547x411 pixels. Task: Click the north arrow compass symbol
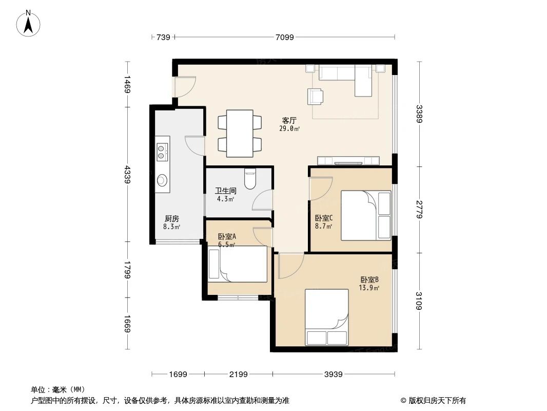(30, 23)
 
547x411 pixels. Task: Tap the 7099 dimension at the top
(284, 36)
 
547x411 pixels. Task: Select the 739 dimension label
(163, 36)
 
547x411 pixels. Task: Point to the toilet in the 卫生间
(250, 179)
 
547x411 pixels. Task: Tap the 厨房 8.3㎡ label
(172, 222)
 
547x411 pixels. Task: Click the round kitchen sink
(163, 179)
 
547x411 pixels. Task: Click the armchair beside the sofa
(316, 96)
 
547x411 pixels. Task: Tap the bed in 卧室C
(366, 215)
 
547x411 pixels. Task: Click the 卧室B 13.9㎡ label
(369, 284)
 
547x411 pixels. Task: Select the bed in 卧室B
(327, 317)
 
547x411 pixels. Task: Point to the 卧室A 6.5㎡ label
(226, 240)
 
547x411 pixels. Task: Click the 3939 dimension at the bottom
(334, 374)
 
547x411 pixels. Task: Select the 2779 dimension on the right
(419, 209)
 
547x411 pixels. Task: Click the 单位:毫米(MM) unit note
(58, 389)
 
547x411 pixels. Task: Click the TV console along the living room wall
(348, 160)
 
